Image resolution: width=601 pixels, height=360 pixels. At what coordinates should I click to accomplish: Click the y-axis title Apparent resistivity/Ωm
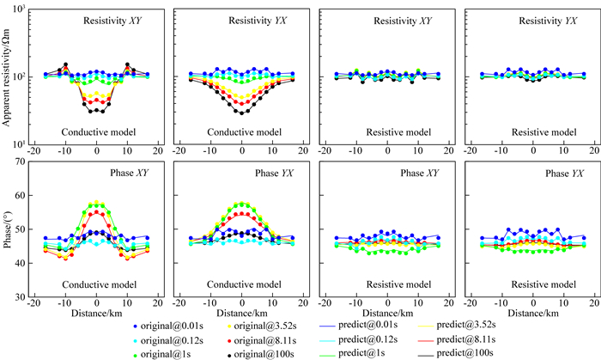8,77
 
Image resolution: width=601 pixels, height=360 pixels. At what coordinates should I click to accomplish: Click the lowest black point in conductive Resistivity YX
243,113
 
